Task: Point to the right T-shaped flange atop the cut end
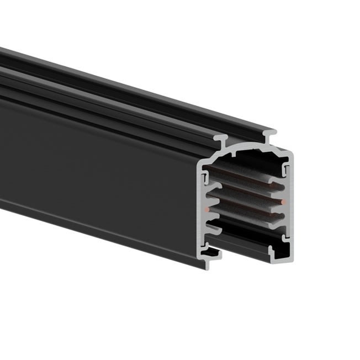(x=269, y=133)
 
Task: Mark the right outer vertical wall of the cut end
(x=291, y=204)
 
